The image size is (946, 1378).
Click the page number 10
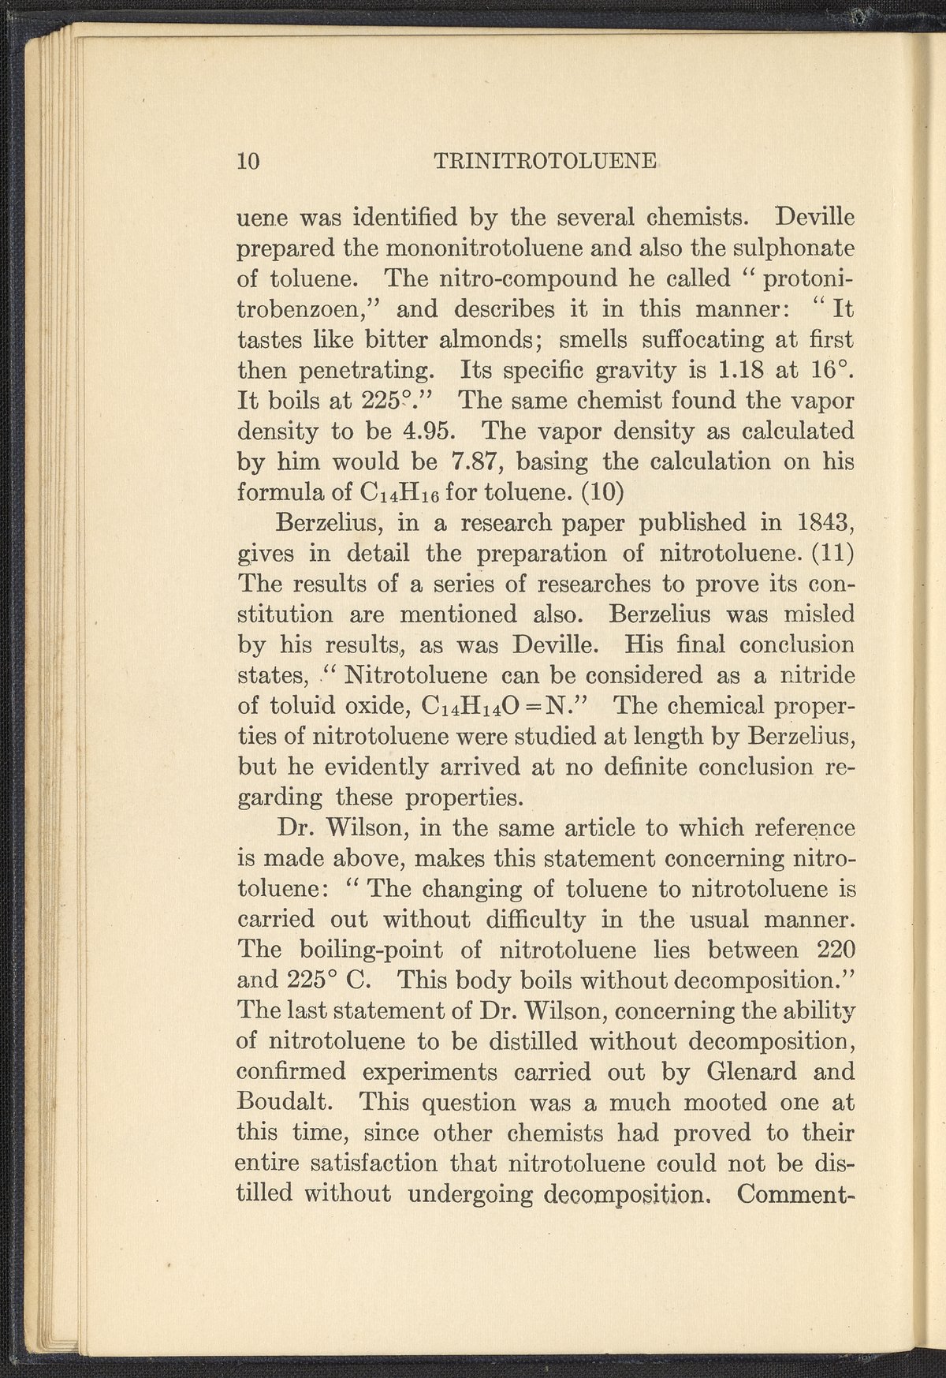(248, 161)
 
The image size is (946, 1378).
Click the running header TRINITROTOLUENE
(545, 161)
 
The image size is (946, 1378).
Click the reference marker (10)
(602, 493)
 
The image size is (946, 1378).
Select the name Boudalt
(285, 1103)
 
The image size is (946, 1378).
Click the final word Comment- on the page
(797, 1194)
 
